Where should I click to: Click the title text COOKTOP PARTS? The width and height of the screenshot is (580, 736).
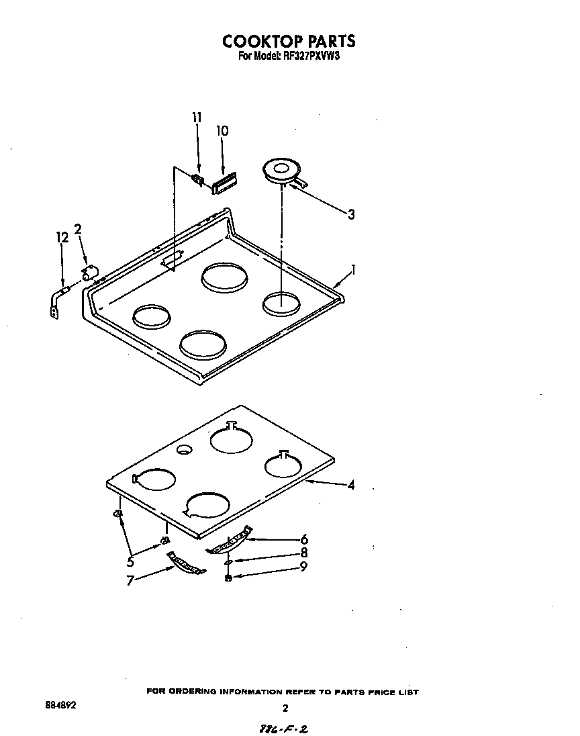pyautogui.click(x=289, y=42)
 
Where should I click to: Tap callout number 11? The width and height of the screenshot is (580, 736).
pyautogui.click(x=196, y=118)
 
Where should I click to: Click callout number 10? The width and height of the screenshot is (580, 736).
pyautogui.click(x=222, y=131)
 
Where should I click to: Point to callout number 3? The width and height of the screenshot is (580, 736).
pyautogui.click(x=350, y=214)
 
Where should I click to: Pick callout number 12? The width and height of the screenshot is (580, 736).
pyautogui.click(x=62, y=236)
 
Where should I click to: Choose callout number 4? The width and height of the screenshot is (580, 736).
pyautogui.click(x=350, y=485)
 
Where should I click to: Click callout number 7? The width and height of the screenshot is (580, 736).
pyautogui.click(x=130, y=580)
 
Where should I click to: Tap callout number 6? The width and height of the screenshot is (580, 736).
pyautogui.click(x=304, y=539)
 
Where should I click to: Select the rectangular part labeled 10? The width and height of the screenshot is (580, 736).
pyautogui.click(x=224, y=183)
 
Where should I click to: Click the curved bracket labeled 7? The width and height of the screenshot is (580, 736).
pyautogui.click(x=185, y=563)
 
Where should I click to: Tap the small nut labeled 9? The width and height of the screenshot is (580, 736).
pyautogui.click(x=229, y=578)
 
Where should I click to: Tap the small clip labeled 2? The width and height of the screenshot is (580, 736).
pyautogui.click(x=89, y=272)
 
